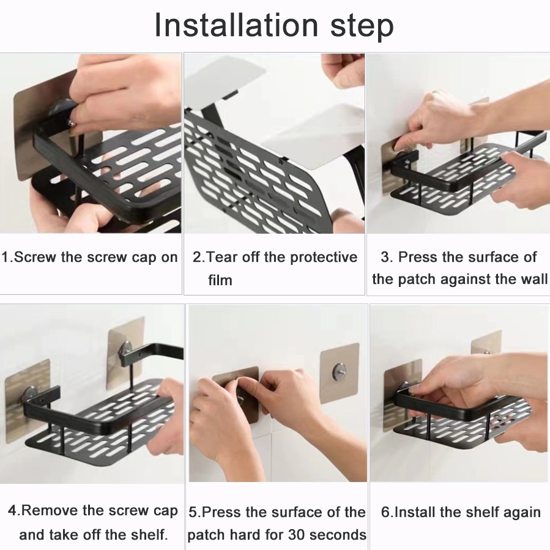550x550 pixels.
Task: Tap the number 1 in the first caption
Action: point(6,257)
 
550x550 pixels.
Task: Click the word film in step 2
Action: point(220,280)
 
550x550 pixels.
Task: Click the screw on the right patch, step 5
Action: point(339,371)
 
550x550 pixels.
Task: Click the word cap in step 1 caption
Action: point(144,257)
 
